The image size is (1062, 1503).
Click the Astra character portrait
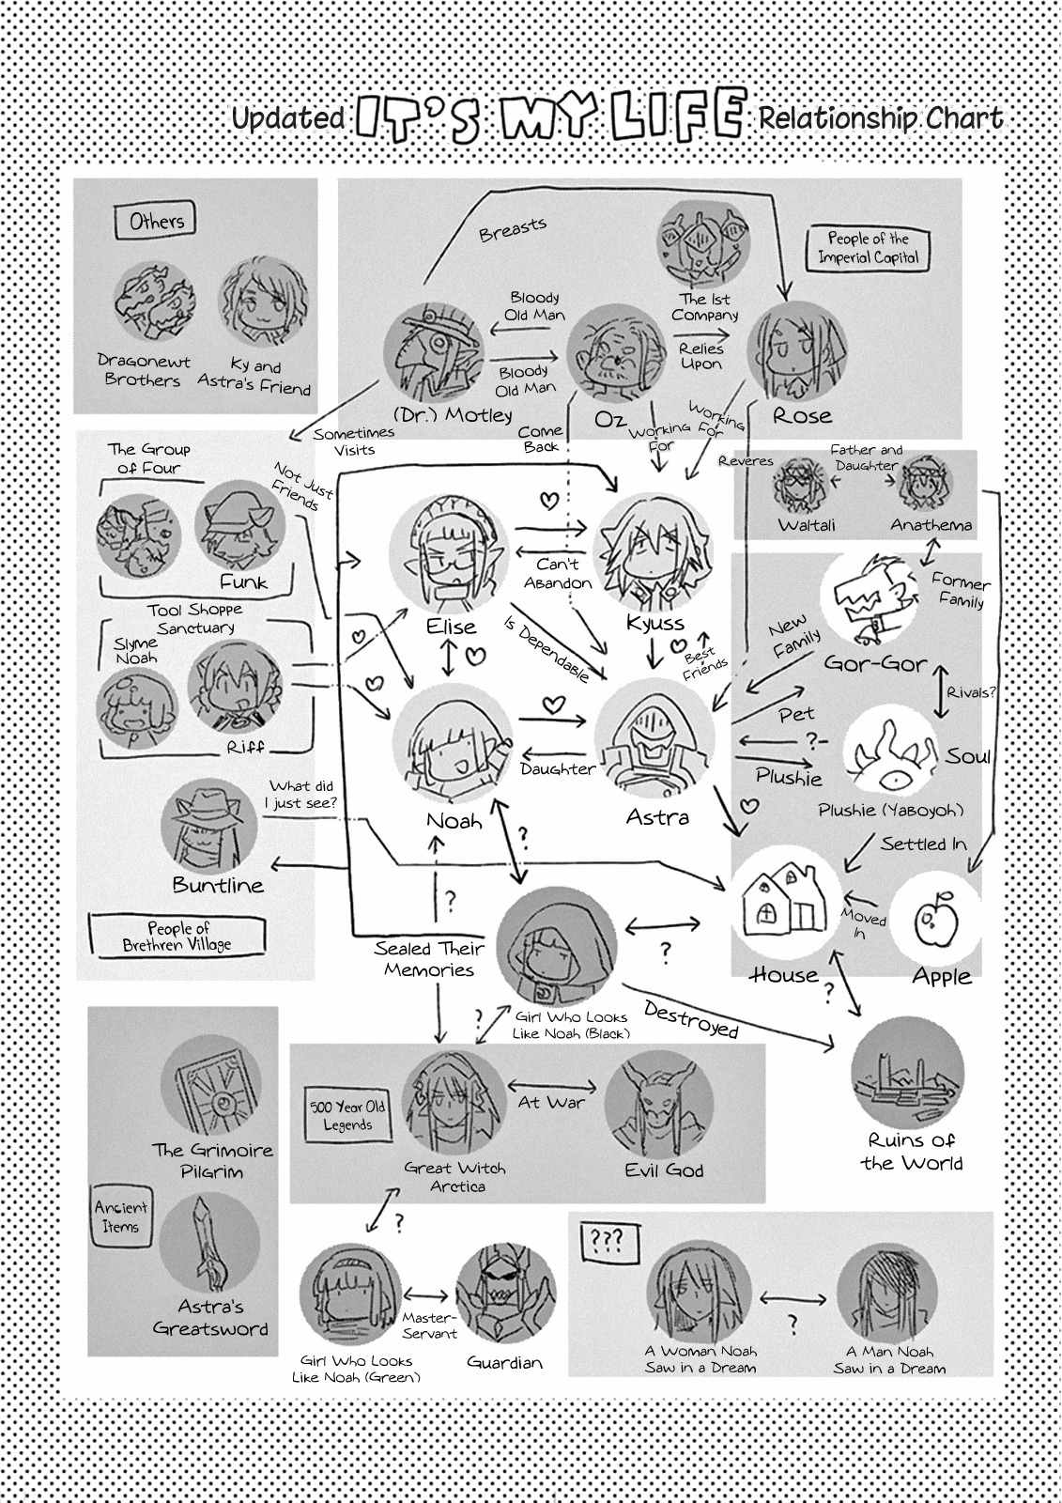coord(654,737)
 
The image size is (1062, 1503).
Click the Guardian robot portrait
coord(505,1297)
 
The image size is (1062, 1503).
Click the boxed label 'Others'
coord(157,222)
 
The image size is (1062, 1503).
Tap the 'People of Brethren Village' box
coord(177,937)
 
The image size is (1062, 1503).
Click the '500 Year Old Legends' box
coord(348,1116)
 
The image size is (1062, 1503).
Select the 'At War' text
coord(551,1102)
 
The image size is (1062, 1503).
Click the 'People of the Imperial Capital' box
coord(869,248)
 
